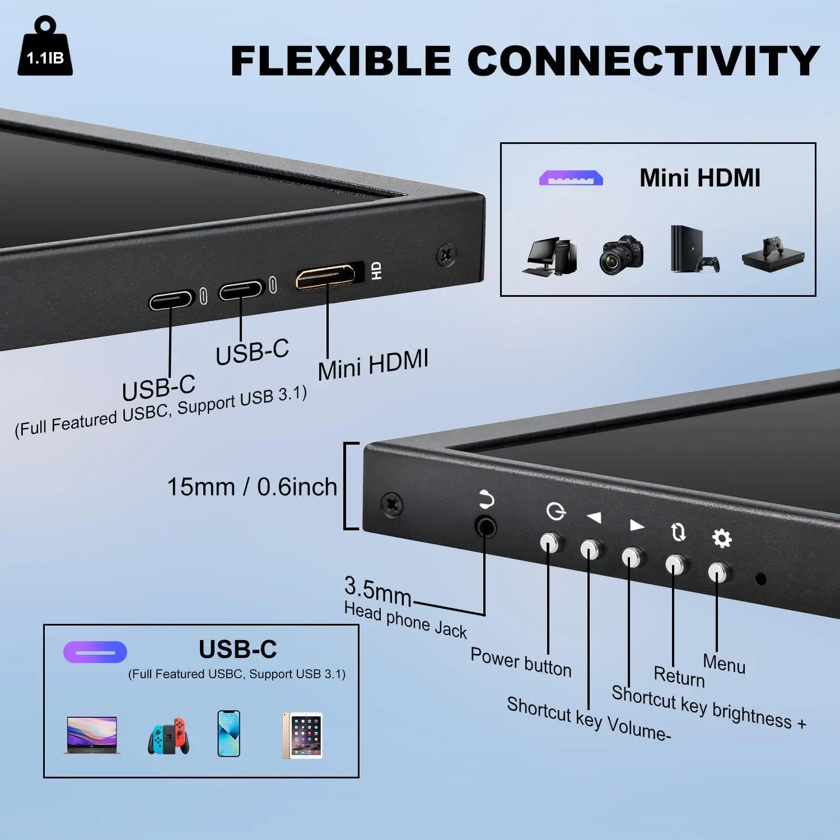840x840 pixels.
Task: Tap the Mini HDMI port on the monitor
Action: (x=326, y=275)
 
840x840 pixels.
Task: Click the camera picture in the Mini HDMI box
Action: (x=621, y=255)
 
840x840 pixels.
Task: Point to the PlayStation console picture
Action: (x=694, y=249)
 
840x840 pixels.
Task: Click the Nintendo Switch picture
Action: (x=169, y=735)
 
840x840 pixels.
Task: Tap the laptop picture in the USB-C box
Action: (x=92, y=735)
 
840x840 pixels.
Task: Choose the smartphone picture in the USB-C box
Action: (x=228, y=734)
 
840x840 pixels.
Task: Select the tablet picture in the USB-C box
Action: (x=302, y=735)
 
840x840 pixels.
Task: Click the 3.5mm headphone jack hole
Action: (x=486, y=526)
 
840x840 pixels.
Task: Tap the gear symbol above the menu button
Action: (x=721, y=538)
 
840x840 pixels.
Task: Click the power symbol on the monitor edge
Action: (x=556, y=511)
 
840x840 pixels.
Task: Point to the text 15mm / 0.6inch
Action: (x=252, y=487)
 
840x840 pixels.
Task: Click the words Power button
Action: (x=521, y=662)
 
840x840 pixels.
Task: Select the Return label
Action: (x=679, y=676)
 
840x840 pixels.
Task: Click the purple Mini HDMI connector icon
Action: (x=571, y=178)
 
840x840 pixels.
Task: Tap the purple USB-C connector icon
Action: (x=95, y=652)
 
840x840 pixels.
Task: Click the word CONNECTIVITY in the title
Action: (x=643, y=61)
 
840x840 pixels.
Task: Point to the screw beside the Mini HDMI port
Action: (x=446, y=255)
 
